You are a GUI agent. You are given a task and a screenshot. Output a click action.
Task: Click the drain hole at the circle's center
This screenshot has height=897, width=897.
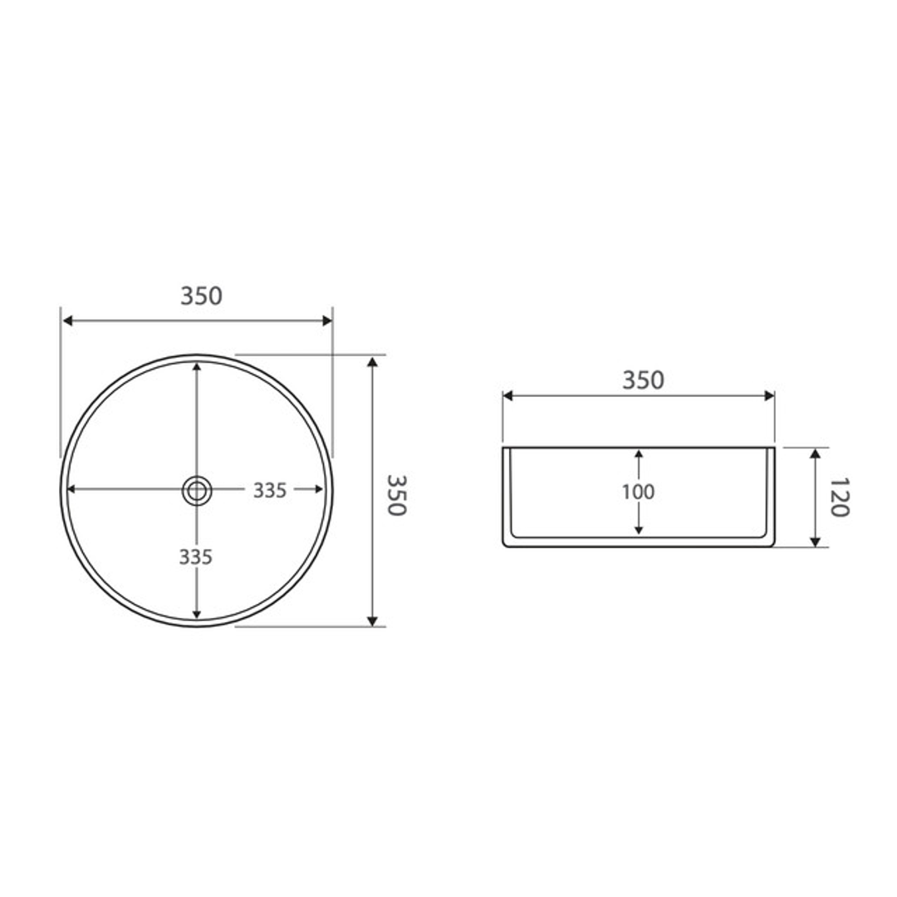click(196, 490)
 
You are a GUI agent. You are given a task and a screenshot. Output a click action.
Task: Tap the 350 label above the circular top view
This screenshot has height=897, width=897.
click(202, 296)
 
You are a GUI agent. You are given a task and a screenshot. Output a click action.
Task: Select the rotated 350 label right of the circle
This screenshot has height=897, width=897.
click(396, 495)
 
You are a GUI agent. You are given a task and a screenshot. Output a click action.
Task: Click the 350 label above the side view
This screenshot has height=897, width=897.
click(643, 380)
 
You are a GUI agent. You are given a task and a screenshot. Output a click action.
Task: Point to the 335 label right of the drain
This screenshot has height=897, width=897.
click(270, 491)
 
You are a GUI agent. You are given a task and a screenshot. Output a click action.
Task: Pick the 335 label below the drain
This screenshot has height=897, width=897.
click(196, 557)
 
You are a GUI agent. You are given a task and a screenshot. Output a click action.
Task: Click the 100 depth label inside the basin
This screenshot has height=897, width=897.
click(638, 492)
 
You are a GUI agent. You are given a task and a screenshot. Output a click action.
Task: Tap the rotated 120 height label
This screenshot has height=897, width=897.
click(838, 497)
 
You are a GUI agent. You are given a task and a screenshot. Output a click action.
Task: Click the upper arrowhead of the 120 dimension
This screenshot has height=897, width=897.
click(816, 453)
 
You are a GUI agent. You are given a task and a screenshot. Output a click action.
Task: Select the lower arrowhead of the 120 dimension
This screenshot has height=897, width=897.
click(816, 542)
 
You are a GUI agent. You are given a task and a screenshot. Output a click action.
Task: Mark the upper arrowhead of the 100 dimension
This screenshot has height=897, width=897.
click(639, 454)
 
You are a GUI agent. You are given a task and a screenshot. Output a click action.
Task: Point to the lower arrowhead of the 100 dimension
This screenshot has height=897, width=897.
click(639, 529)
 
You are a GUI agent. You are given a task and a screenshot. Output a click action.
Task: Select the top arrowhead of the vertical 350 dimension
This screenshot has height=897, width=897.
click(373, 362)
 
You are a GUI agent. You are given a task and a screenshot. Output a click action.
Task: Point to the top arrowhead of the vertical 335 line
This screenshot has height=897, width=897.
click(196, 366)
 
